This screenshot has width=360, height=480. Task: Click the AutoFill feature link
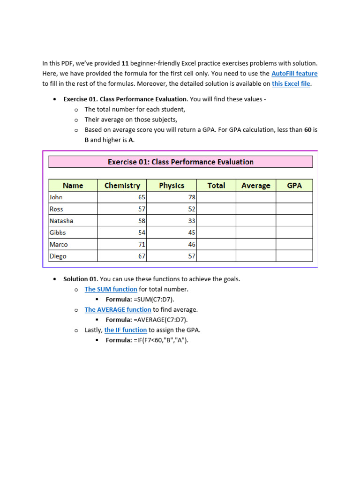click(294, 74)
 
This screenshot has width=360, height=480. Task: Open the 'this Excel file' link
click(291, 84)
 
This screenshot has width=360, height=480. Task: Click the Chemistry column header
click(122, 186)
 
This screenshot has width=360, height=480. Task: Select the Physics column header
click(172, 186)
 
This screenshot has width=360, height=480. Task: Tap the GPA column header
click(294, 186)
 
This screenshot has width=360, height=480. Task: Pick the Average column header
click(255, 186)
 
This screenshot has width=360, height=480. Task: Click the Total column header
click(216, 186)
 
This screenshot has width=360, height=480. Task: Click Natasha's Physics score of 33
click(191, 221)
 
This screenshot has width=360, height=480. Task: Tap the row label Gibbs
click(58, 232)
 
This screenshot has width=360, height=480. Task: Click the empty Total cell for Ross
click(216, 209)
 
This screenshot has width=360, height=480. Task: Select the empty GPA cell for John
click(294, 197)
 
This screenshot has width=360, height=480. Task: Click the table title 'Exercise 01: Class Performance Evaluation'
click(180, 162)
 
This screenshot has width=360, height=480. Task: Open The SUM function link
click(111, 289)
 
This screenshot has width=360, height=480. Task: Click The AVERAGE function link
click(118, 309)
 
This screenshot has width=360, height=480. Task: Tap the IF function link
click(125, 330)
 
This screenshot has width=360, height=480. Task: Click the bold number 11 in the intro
click(125, 63)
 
